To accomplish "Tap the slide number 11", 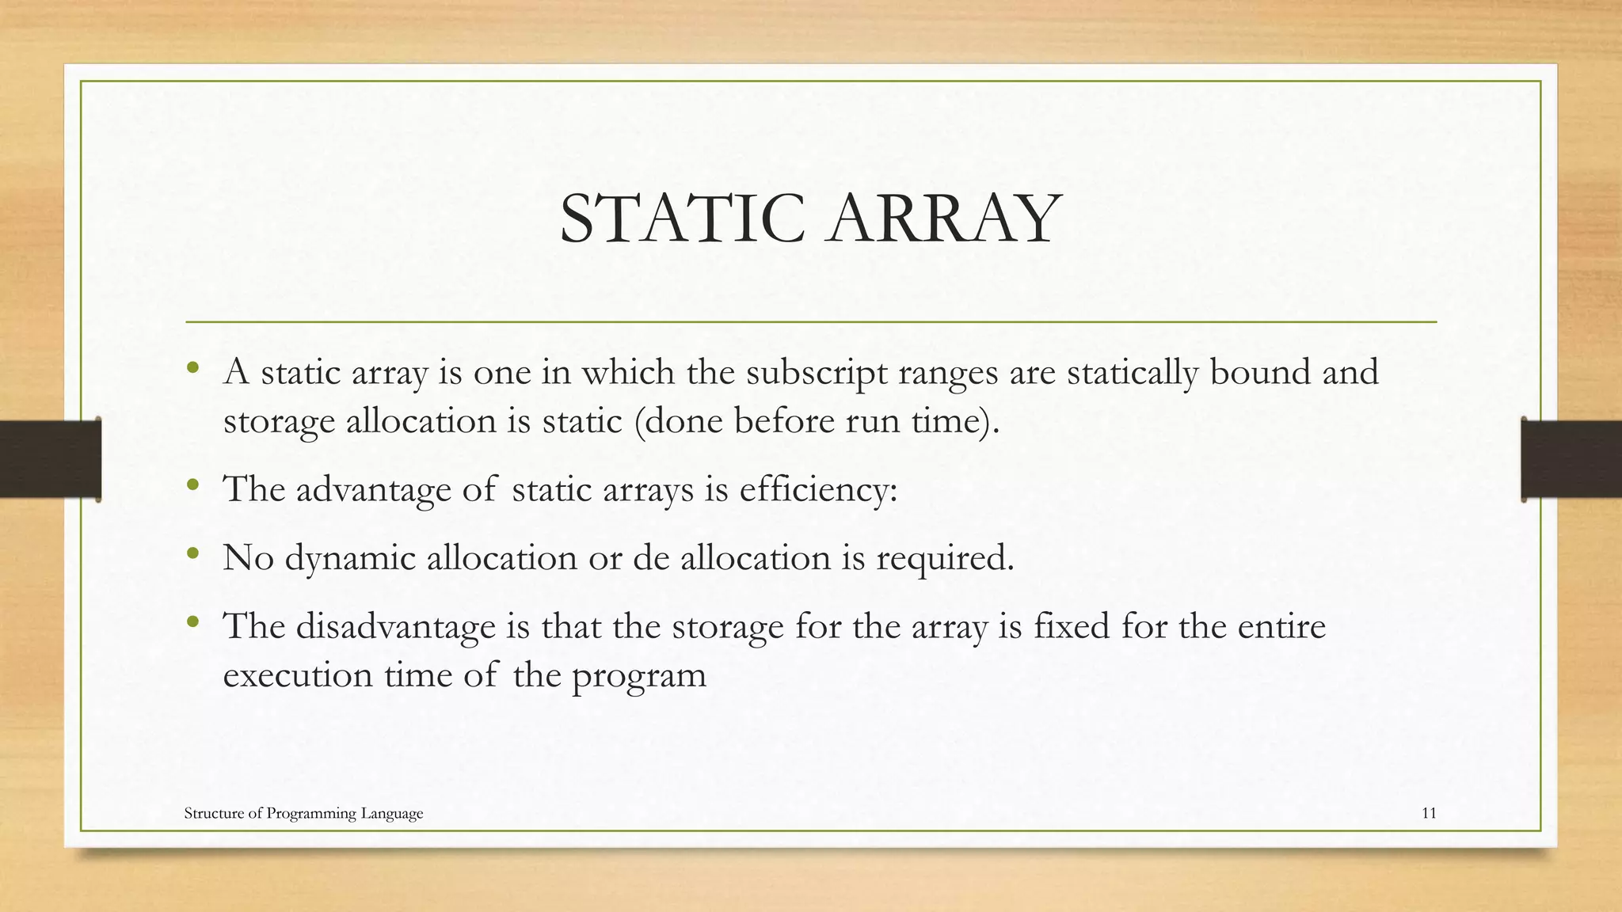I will click(1429, 813).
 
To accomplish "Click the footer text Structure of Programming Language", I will click(303, 813).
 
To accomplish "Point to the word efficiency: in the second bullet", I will click(818, 489).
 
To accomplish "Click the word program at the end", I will click(638, 676).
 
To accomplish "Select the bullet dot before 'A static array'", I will click(192, 368).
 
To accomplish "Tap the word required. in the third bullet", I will click(944, 558).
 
